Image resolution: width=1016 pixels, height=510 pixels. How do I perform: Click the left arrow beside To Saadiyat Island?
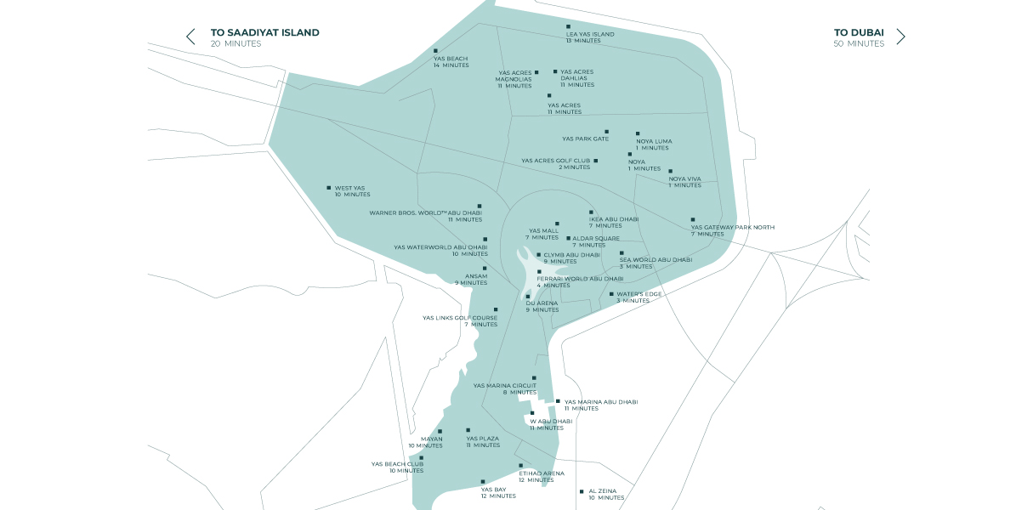pyautogui.click(x=190, y=37)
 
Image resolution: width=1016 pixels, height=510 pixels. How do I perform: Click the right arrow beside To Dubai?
pyautogui.click(x=900, y=37)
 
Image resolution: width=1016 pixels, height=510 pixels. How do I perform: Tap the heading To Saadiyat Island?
pyautogui.click(x=264, y=33)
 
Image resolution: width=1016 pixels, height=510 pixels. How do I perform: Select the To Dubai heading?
pyautogui.click(x=859, y=33)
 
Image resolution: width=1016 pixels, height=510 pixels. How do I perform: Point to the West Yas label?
pyautogui.click(x=349, y=188)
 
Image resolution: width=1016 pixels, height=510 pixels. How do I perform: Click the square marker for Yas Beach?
pyautogui.click(x=435, y=51)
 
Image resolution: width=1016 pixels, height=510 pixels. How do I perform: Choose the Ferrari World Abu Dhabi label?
pyautogui.click(x=580, y=279)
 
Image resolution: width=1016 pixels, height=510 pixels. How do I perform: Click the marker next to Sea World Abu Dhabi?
pyautogui.click(x=622, y=253)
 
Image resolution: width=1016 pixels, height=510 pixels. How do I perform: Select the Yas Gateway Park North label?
pyautogui.click(x=732, y=227)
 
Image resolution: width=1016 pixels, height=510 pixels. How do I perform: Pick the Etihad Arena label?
pyautogui.click(x=542, y=473)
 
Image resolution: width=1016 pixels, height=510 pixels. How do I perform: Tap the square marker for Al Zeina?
pyautogui.click(x=582, y=491)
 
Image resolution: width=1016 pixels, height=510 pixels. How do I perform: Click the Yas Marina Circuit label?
pyautogui.click(x=505, y=385)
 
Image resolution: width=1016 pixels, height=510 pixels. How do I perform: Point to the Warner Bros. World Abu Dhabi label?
pyautogui.click(x=425, y=212)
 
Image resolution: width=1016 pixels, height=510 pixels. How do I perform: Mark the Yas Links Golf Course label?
pyautogui.click(x=460, y=318)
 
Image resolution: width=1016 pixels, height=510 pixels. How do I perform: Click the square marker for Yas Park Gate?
pyautogui.click(x=606, y=132)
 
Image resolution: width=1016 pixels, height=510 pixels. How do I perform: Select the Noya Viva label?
pyautogui.click(x=684, y=178)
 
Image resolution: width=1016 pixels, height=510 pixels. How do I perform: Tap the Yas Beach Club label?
pyautogui.click(x=397, y=464)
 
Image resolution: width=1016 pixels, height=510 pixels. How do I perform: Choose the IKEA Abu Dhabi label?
pyautogui.click(x=613, y=218)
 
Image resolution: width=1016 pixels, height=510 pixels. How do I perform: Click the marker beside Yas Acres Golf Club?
pyautogui.click(x=595, y=161)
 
